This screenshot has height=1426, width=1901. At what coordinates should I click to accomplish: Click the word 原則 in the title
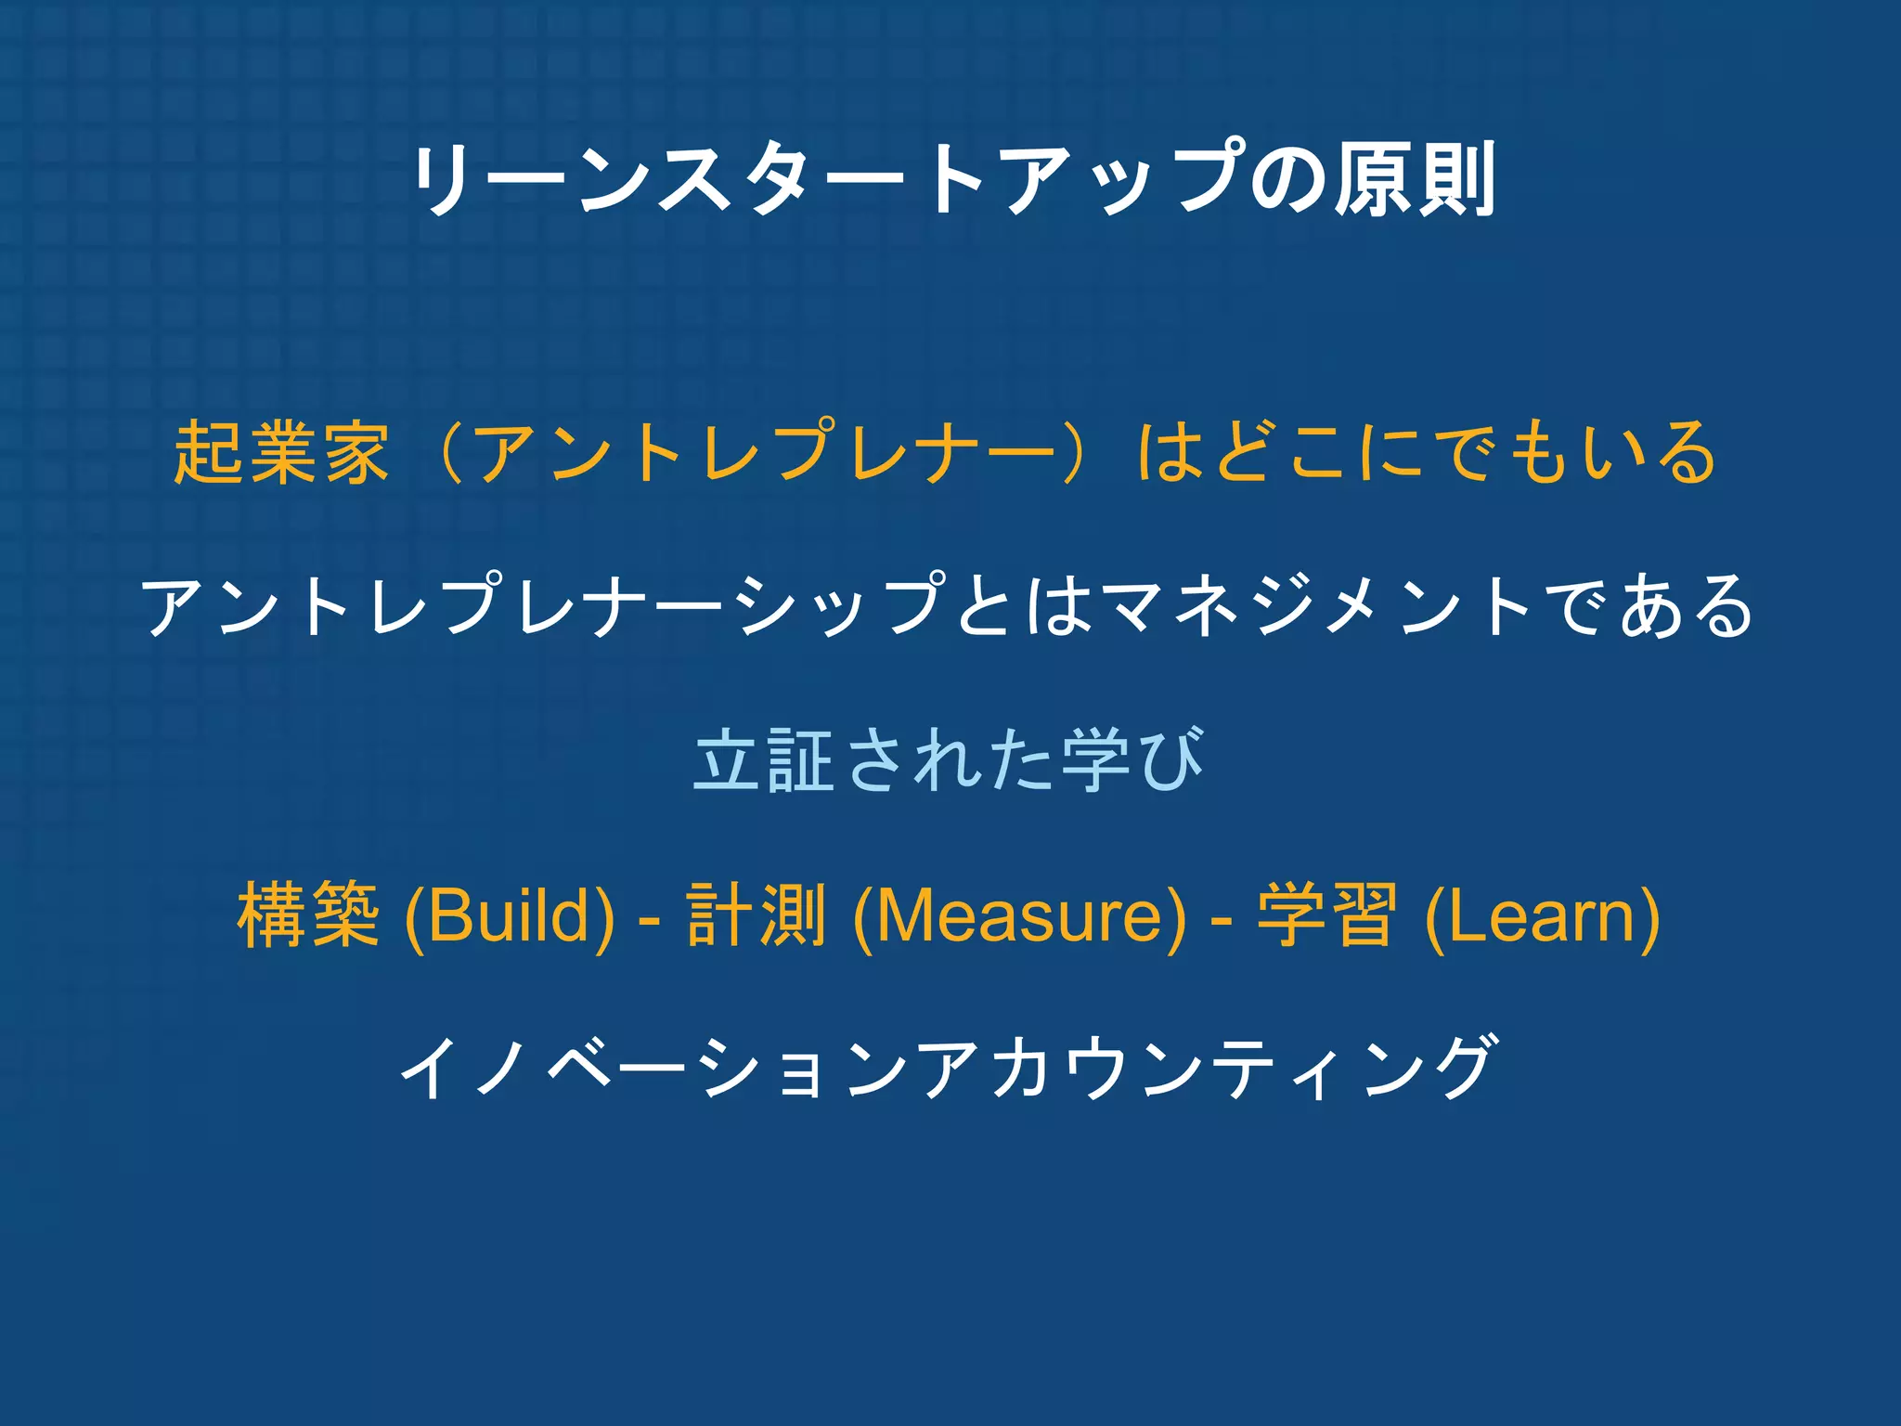tap(1415, 179)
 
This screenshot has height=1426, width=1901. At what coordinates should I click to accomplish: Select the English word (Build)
tap(510, 915)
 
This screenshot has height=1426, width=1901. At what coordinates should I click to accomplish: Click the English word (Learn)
tap(1542, 915)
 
